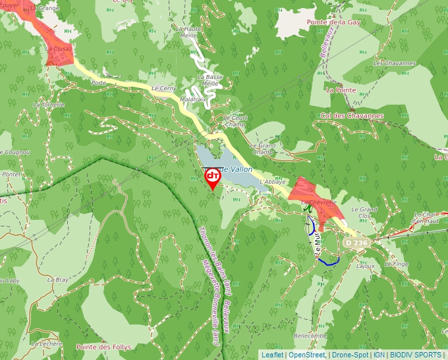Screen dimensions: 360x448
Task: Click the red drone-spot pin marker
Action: (x=212, y=177)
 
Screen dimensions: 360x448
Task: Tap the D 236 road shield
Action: (x=355, y=244)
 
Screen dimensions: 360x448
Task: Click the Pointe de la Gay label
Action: (x=334, y=22)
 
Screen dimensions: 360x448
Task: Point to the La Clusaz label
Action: (x=59, y=48)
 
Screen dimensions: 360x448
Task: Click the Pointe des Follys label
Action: (x=103, y=347)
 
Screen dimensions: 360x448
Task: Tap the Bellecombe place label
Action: (x=310, y=335)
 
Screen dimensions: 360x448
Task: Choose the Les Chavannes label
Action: (x=394, y=63)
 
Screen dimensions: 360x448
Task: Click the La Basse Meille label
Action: (x=210, y=80)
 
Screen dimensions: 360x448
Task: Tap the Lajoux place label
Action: (x=365, y=266)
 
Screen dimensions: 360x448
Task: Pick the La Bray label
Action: (x=58, y=279)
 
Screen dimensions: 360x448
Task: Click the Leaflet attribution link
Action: (x=272, y=355)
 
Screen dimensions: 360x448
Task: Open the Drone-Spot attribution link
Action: (x=350, y=355)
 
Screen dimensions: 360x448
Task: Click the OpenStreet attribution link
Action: (x=307, y=355)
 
